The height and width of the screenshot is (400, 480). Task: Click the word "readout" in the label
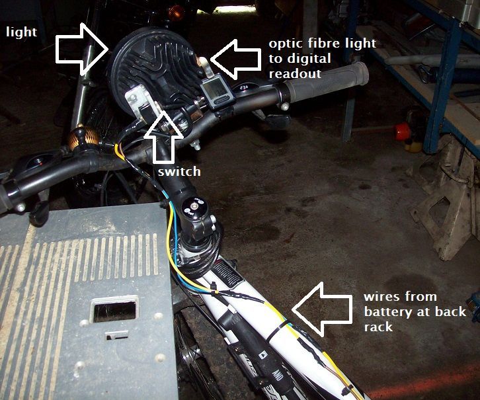(x=295, y=73)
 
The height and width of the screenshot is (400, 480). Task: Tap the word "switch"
(x=179, y=172)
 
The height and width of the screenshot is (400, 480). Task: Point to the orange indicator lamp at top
(x=175, y=11)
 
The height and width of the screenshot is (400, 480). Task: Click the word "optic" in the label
(x=284, y=44)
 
